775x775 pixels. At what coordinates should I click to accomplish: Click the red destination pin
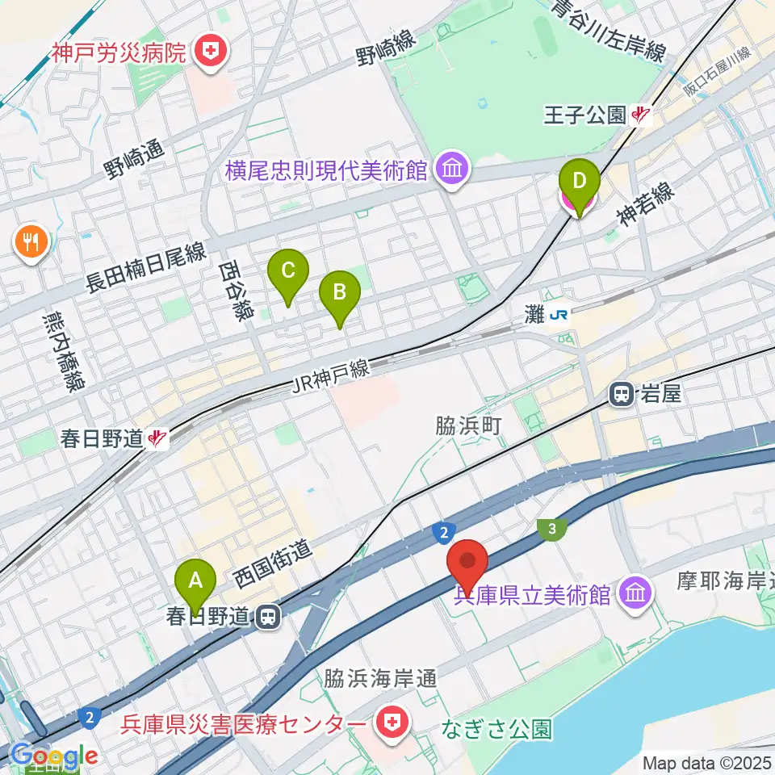(x=468, y=563)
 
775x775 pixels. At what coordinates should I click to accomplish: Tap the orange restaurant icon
(x=31, y=241)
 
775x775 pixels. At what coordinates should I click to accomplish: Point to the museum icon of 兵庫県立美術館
(x=635, y=596)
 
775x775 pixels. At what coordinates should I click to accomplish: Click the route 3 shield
(x=552, y=529)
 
